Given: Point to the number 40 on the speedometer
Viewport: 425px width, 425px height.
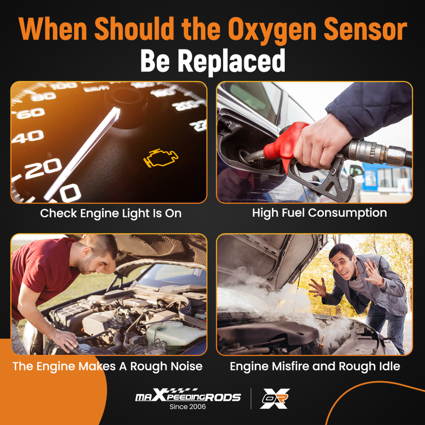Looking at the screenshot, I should coord(28,137).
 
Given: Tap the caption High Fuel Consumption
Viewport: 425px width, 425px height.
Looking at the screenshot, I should coord(319,213).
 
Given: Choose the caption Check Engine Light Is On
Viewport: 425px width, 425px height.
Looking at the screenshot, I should coord(110,213).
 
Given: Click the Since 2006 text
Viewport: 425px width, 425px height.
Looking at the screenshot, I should coord(187,407).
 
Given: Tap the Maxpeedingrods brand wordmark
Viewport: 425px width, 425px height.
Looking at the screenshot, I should coord(187,397).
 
